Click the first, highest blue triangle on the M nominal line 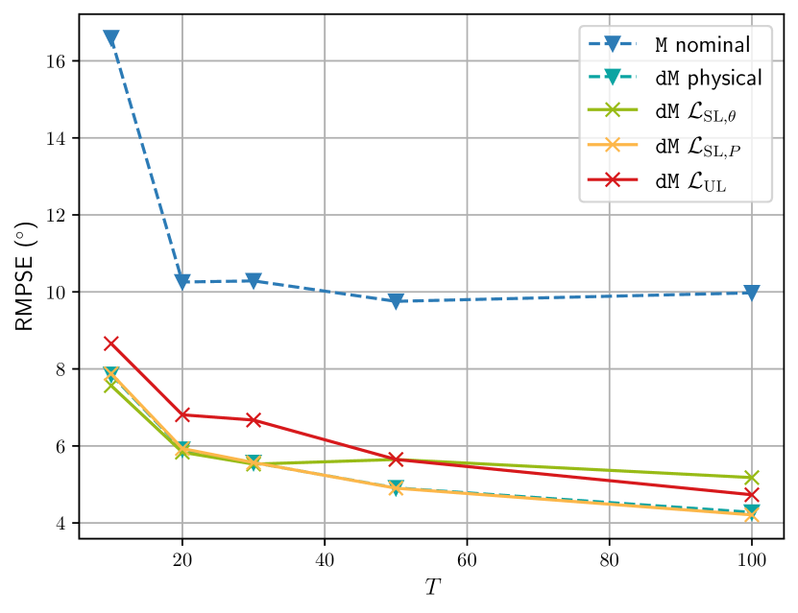[x=111, y=38]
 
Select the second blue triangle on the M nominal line [x=182, y=281]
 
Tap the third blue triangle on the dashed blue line [x=254, y=280]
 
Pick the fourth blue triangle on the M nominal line [x=396, y=301]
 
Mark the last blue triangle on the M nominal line [x=751, y=293]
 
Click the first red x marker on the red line [x=111, y=342]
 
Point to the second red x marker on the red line [x=182, y=414]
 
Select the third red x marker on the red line [x=254, y=419]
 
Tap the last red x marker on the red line [x=751, y=494]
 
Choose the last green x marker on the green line [x=751, y=477]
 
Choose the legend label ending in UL [x=690, y=180]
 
